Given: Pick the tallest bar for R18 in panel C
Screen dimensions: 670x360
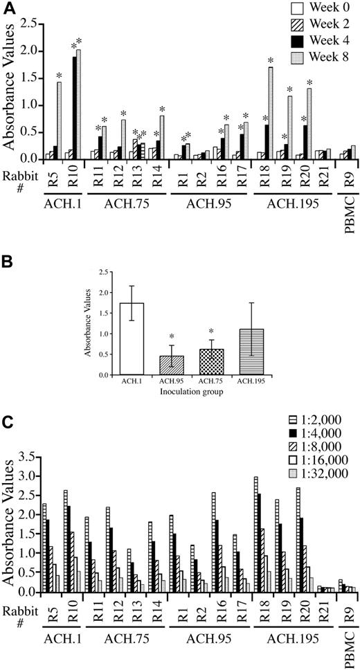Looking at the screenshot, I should coord(256,534).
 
